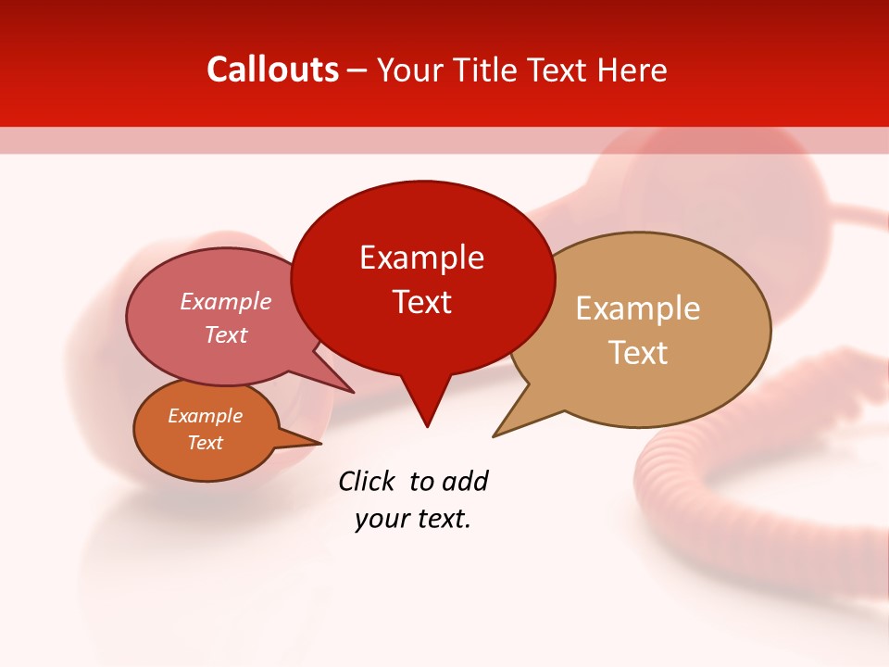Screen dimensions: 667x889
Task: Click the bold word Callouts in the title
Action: click(272, 69)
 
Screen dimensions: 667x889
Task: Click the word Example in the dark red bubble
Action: click(422, 258)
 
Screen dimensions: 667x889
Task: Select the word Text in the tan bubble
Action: click(638, 353)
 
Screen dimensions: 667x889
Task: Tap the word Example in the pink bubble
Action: click(226, 301)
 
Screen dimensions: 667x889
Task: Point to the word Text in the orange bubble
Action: click(205, 443)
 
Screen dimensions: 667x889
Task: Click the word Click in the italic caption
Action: click(369, 481)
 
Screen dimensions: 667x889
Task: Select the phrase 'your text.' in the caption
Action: click(413, 519)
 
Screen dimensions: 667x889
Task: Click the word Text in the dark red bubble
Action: click(422, 302)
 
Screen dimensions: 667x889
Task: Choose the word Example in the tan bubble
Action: click(638, 308)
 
